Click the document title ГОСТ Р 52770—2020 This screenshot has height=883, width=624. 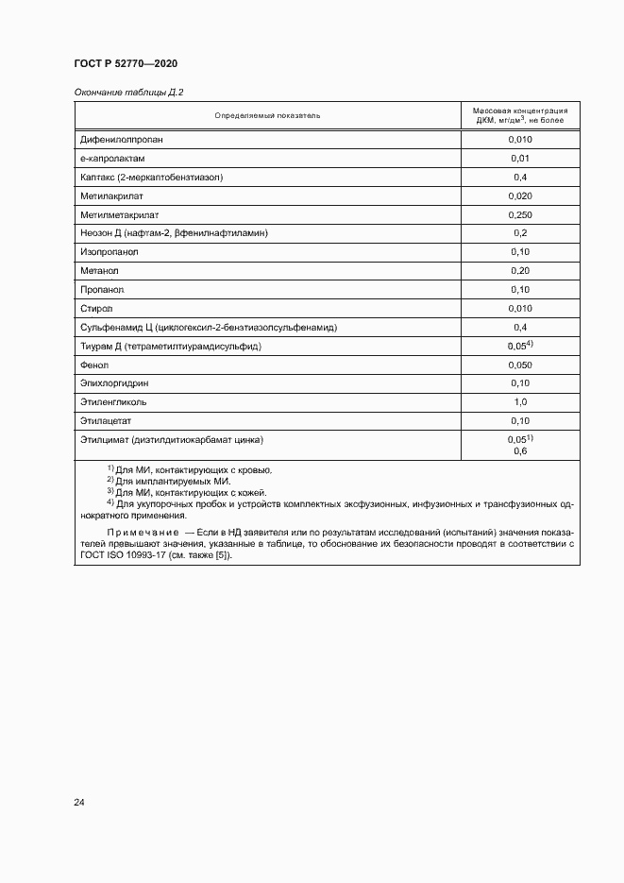[x=126, y=63]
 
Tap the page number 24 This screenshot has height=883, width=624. [x=79, y=803]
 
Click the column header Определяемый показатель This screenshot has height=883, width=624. [x=267, y=115]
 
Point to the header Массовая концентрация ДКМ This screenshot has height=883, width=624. [x=519, y=115]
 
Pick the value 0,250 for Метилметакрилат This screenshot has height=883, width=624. [x=519, y=214]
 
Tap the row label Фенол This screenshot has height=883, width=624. [x=95, y=365]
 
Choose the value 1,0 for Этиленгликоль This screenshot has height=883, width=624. [x=519, y=402]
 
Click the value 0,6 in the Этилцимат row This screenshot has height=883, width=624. [x=519, y=451]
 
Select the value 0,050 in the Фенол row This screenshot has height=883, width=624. [x=519, y=365]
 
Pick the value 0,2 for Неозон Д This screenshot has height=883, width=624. [x=519, y=233]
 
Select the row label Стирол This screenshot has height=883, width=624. [x=97, y=309]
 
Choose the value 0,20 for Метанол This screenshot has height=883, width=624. [x=519, y=271]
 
